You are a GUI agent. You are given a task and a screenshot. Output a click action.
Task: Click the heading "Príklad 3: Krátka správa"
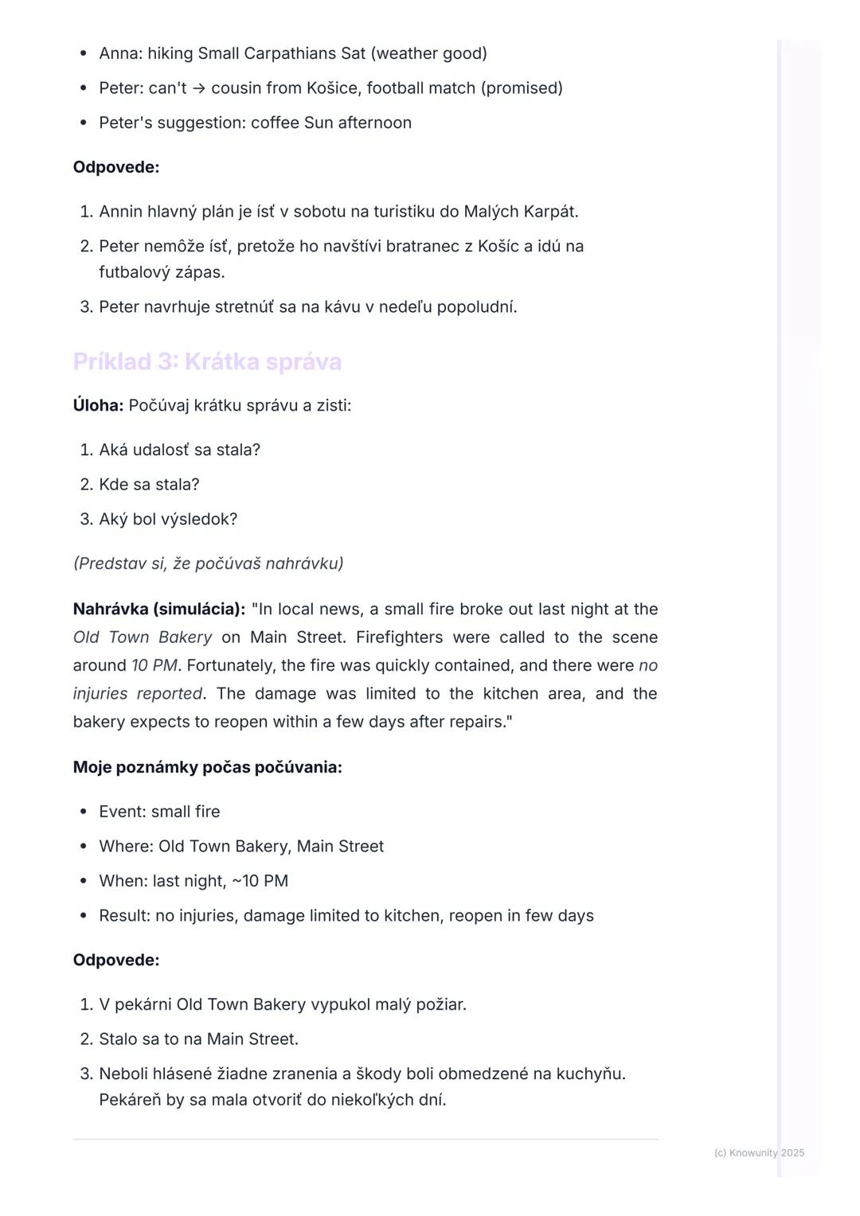tap(207, 362)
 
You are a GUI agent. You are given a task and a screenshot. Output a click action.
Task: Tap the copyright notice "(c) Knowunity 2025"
tap(759, 1152)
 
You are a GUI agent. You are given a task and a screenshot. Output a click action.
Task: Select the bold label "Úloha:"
tap(98, 406)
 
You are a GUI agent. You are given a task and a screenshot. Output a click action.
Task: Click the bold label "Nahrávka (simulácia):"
tap(158, 610)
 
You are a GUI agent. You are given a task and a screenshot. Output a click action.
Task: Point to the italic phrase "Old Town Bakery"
tap(143, 637)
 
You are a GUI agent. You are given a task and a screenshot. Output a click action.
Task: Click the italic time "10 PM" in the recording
tap(154, 666)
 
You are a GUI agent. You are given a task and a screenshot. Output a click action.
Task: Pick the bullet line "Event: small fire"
tap(159, 812)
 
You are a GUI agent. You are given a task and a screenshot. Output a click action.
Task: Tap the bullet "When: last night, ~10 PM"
tap(193, 881)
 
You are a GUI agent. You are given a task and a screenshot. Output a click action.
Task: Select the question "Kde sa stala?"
tap(149, 485)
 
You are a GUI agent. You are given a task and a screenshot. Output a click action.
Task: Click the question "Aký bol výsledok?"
tap(168, 520)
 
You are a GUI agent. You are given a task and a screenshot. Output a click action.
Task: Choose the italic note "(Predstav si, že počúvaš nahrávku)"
tap(208, 563)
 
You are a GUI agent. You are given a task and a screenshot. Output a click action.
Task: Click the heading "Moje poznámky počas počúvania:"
tap(207, 768)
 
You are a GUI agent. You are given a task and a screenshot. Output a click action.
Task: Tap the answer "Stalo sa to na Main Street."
tap(198, 1039)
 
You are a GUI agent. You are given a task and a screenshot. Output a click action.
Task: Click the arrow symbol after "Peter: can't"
tap(199, 88)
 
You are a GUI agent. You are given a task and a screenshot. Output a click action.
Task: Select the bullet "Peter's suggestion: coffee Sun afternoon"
tap(255, 123)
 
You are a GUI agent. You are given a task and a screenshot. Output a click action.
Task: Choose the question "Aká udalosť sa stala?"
tap(179, 450)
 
